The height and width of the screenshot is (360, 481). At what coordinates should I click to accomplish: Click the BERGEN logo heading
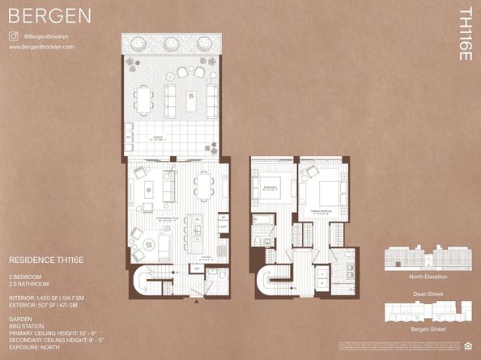49,16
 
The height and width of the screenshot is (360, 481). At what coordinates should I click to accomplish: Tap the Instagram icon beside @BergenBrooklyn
14,36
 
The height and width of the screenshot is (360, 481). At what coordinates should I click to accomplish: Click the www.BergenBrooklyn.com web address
41,47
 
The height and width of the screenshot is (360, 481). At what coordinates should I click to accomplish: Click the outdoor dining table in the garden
143,100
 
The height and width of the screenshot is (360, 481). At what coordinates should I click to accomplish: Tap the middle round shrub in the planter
172,44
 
